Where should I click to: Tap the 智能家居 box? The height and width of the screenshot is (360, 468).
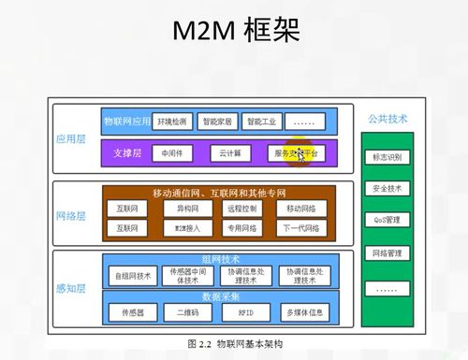point(216,121)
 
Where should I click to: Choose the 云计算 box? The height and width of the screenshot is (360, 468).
point(230,152)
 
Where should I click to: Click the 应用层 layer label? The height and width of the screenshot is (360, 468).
point(70,137)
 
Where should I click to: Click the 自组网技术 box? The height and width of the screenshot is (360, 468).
point(132,276)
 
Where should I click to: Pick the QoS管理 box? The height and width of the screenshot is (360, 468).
point(387,220)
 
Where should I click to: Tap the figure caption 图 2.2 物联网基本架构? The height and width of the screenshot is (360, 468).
point(234,343)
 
